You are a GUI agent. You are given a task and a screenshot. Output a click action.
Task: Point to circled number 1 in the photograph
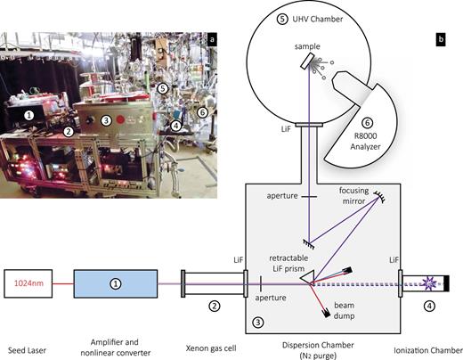[29, 115]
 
